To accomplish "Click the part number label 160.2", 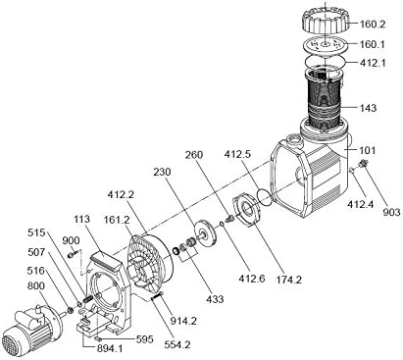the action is pos(373,25).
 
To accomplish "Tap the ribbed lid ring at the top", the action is pos(326,21).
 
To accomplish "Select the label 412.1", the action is pos(373,62).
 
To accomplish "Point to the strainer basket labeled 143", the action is pos(325,101).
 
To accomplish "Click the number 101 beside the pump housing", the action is pos(367,150).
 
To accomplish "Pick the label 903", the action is pos(391,212).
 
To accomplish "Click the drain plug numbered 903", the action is pos(362,163).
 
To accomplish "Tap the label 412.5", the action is pos(237,154).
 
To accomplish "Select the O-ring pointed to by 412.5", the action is pos(264,197).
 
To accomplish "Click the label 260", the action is pos(194,154).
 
